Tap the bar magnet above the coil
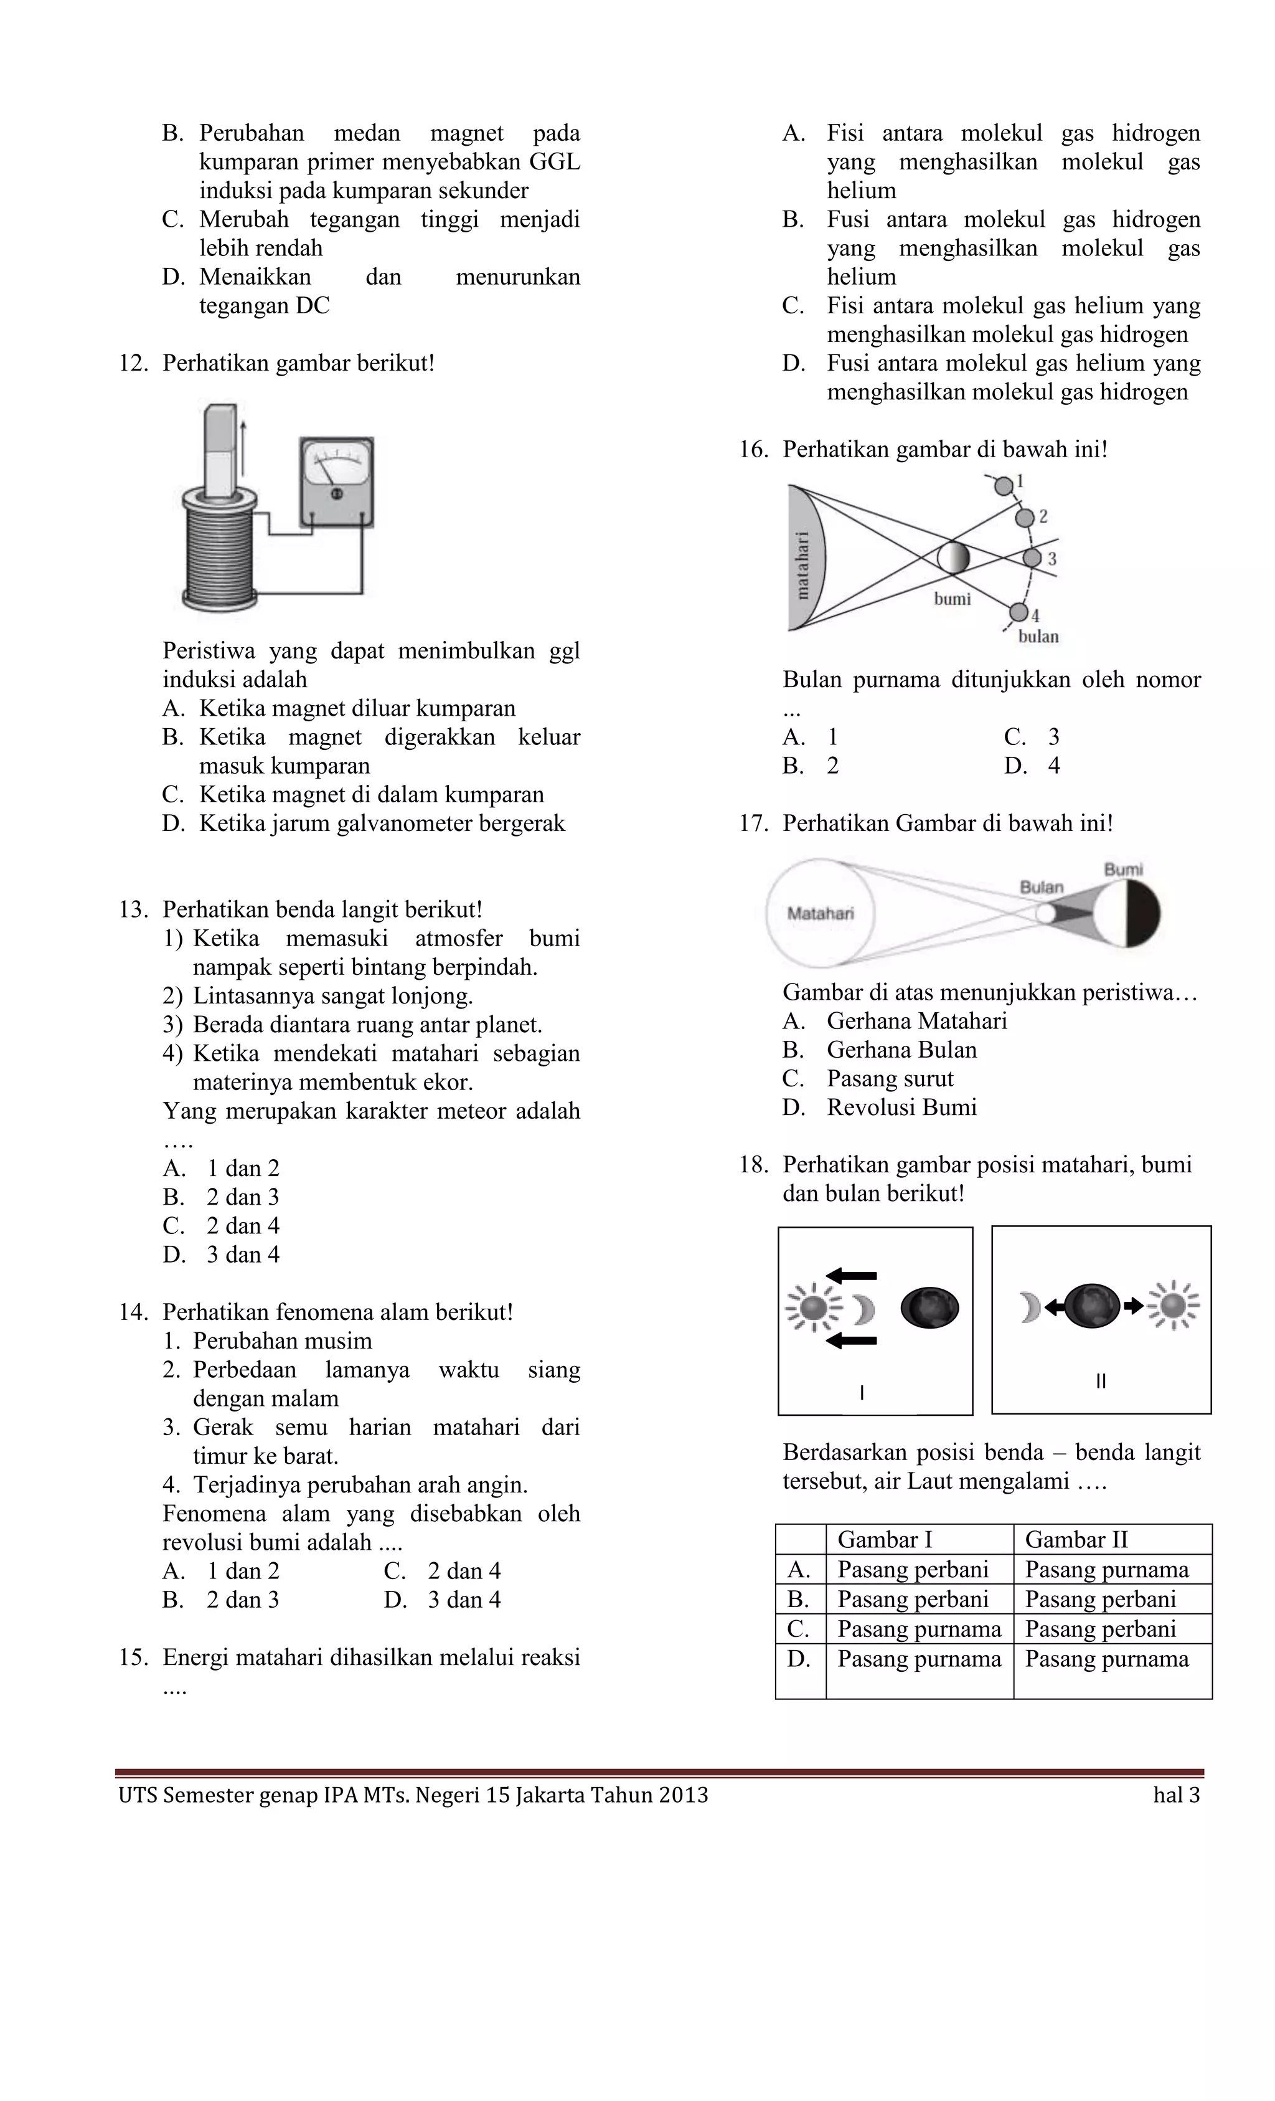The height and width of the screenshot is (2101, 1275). point(222,452)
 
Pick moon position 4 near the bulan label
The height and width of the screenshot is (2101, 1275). point(1019,612)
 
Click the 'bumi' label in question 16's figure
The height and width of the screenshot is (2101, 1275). point(952,599)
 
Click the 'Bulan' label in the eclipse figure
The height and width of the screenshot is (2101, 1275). point(1042,887)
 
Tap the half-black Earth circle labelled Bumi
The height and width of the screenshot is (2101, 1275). point(1126,913)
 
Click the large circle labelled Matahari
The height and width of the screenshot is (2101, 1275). point(821,913)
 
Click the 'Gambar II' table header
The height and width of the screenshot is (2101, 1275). point(1076,1539)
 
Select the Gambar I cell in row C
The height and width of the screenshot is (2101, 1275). point(919,1629)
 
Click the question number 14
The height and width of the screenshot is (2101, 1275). point(134,1312)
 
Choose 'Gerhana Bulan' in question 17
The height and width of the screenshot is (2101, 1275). point(901,1050)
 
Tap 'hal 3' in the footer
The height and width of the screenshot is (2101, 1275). point(1176,1795)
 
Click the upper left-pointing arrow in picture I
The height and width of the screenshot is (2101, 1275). point(852,1276)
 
